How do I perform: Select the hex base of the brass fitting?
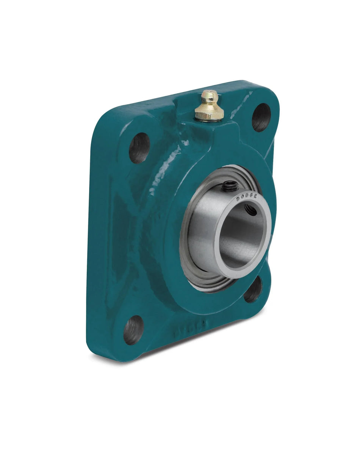click(x=209, y=112)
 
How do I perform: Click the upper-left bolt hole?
click(x=139, y=148)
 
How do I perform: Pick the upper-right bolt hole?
click(x=261, y=117)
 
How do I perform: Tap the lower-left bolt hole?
click(x=134, y=330)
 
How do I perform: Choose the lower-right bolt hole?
click(x=253, y=290)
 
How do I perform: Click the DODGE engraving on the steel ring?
click(x=247, y=197)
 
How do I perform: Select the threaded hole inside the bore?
click(x=250, y=209)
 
